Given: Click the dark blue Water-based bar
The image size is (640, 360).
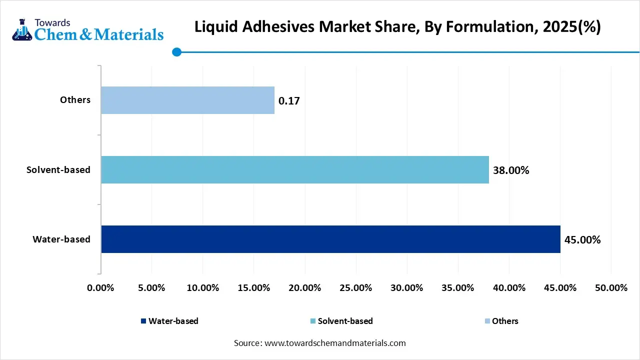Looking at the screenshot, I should pos(330,239).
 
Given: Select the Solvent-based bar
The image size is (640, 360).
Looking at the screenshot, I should pos(295,169).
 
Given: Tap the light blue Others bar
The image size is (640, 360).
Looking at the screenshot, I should pos(187,100).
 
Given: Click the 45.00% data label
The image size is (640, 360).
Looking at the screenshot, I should pos(582,240).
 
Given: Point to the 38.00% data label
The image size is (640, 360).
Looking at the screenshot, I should pos(510,170).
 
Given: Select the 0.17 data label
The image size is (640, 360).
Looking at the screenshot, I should pos(289,101).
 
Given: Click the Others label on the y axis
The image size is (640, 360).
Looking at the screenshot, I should pos(75,100).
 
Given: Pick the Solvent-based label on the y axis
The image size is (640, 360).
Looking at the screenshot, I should pos(58,170).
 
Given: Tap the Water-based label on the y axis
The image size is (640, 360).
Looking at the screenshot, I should pos(61,239).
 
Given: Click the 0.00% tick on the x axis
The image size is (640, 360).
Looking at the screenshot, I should pos(100,288).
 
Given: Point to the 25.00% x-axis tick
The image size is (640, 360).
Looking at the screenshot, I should pos(355,288).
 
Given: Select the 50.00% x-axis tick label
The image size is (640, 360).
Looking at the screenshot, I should pos(611,288).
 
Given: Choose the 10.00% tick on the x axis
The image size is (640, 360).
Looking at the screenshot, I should pos(202,288).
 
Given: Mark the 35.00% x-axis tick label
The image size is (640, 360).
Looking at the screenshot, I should pos(458,288).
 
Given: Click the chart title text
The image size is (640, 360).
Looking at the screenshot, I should pos(397,27).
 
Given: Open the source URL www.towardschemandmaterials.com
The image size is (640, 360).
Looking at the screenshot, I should pos(334,343).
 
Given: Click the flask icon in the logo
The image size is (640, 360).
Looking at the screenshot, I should pos(21,30).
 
